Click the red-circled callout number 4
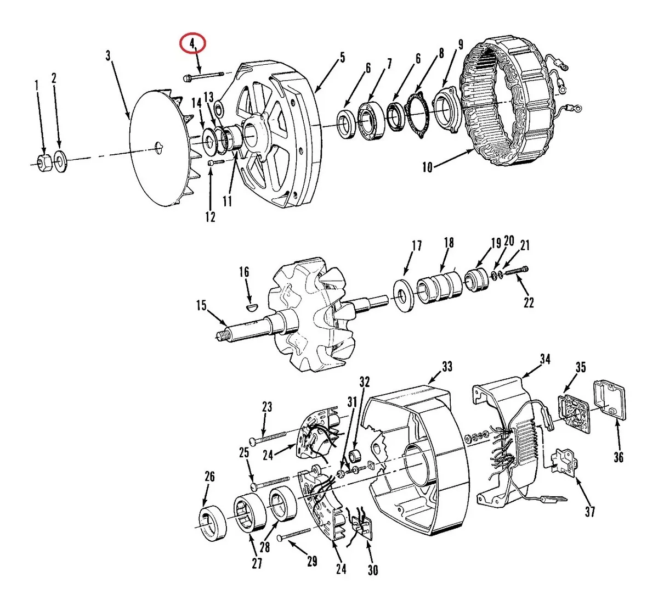pos(192,43)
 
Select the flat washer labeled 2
pos(60,161)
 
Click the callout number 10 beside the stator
pos(427,167)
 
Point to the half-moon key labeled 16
pos(252,307)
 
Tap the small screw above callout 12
pos(215,163)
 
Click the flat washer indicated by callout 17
pos(403,295)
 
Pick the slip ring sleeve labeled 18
pos(440,287)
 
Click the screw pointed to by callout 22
pos(517,271)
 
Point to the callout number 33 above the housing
pos(447,366)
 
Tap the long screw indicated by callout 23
pos(268,438)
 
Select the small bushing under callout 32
pos(355,456)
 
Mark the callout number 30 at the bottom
pos(373,570)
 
